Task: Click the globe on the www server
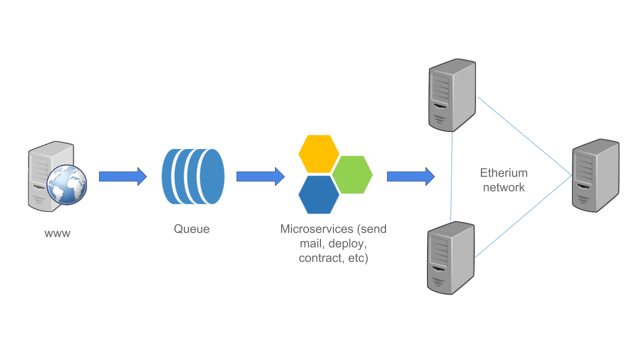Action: point(66,184)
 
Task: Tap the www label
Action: point(57,233)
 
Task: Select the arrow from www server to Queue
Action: point(122,176)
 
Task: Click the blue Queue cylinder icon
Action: point(193,176)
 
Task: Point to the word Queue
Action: point(191,229)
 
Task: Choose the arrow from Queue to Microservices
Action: point(260,176)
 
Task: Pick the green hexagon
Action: point(352,174)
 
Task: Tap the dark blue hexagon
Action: point(318,194)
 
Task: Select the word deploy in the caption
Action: point(348,244)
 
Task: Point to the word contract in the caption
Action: point(320,258)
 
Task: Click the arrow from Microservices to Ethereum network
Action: point(410,176)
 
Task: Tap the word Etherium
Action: point(503,173)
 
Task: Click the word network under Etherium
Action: point(503,187)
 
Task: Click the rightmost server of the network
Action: point(595,175)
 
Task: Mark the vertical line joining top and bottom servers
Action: point(452,175)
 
